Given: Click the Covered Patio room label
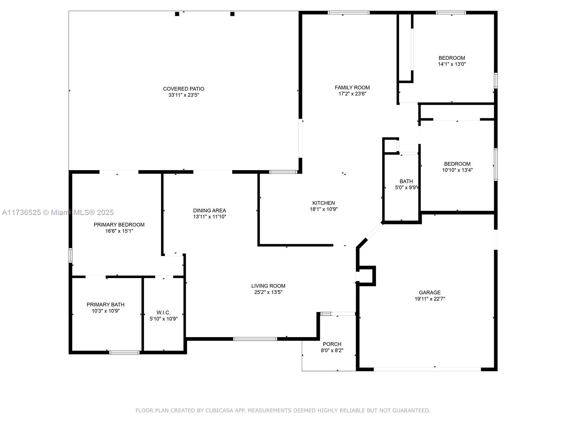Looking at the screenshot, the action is click(x=183, y=89).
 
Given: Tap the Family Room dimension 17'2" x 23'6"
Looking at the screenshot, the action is click(x=352, y=93).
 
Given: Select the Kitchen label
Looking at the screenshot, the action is click(x=323, y=203).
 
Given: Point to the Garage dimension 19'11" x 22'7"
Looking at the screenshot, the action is click(x=429, y=299).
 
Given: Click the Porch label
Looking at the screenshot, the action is click(x=332, y=344).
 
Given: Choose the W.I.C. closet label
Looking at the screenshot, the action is click(x=163, y=312).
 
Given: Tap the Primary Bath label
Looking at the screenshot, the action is click(x=105, y=305).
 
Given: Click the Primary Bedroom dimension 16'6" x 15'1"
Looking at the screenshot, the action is click(x=119, y=231).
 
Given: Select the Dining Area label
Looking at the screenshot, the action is click(x=209, y=211).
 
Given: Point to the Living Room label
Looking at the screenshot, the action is click(x=268, y=286).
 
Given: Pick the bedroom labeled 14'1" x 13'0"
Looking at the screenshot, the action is click(x=452, y=61).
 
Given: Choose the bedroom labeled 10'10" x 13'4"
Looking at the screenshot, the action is click(x=457, y=167).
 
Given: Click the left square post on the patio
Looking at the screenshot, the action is click(x=177, y=14).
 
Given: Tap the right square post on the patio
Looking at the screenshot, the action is click(x=232, y=14).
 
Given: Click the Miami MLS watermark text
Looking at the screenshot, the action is click(x=58, y=212).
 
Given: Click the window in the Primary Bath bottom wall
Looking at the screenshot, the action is click(x=124, y=352).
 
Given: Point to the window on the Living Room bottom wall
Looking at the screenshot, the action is click(x=255, y=339).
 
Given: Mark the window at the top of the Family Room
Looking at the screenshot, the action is click(x=349, y=13).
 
